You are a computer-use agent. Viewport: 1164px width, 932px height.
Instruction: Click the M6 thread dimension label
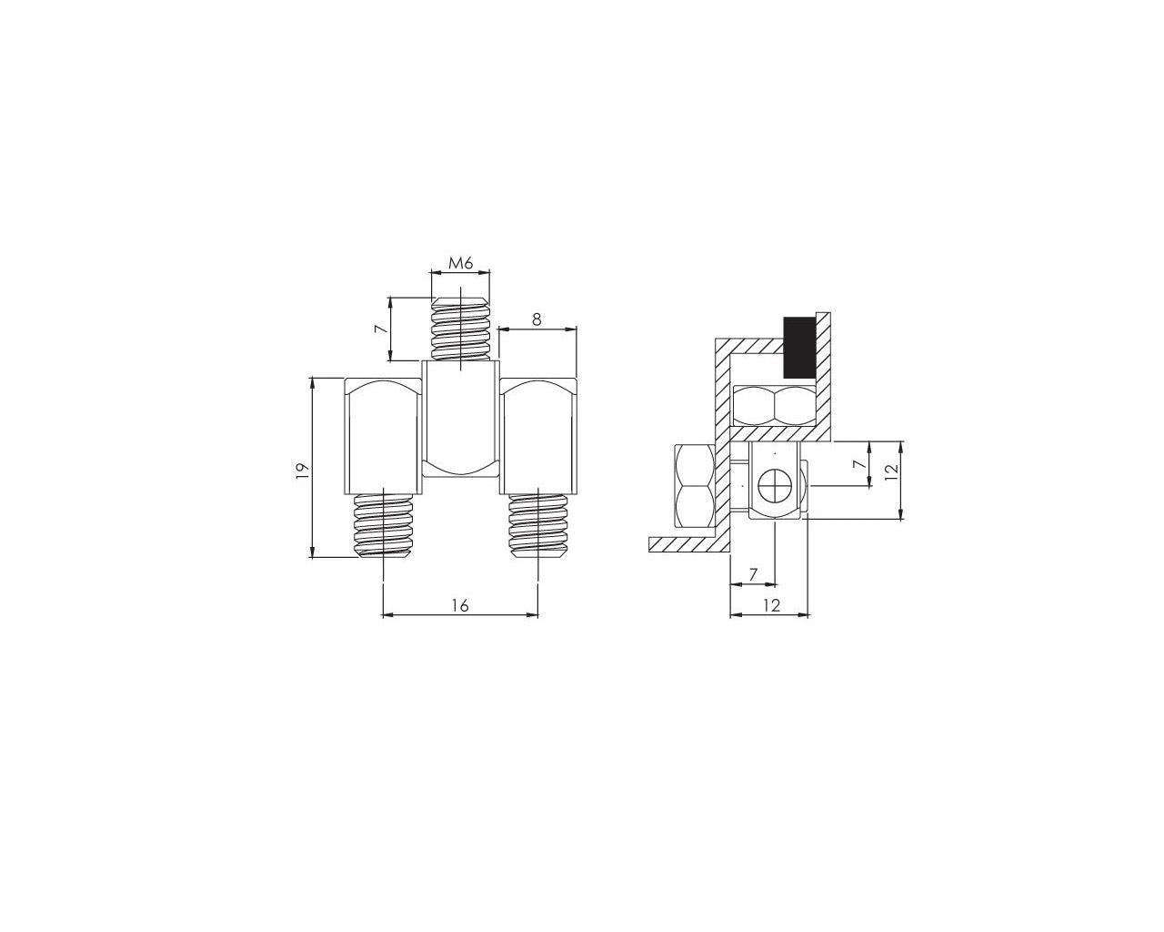pos(460,263)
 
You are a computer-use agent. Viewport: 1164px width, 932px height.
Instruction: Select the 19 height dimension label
pos(304,469)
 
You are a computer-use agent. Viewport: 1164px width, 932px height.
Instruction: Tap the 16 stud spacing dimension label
pos(460,605)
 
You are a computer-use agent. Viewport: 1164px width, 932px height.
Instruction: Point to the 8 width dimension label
pos(536,319)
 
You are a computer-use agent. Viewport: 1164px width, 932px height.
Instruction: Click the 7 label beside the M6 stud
pos(383,329)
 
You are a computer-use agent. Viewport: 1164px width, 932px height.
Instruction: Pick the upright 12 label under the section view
pos(771,605)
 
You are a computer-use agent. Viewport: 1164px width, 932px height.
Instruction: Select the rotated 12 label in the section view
pos(892,469)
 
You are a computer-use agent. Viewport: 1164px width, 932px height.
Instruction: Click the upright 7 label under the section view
pos(754,574)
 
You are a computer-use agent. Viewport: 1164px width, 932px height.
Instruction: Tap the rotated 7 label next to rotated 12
pos(857,464)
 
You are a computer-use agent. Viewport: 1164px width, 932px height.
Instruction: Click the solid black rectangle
pos(799,348)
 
